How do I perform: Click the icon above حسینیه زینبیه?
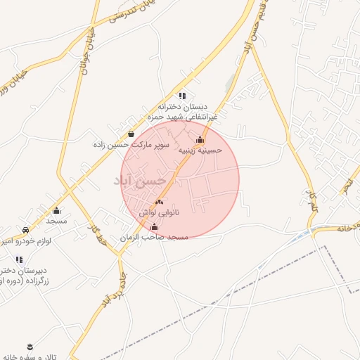(200, 139)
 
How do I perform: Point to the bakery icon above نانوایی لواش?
(159, 202)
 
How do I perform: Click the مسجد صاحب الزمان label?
(155, 238)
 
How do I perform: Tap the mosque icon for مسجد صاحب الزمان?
(155, 227)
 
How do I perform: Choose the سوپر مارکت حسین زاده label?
(124, 144)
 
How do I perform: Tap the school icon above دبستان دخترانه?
(182, 96)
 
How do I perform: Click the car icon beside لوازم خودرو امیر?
(26, 230)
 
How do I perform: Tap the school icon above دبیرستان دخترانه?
(19, 259)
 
